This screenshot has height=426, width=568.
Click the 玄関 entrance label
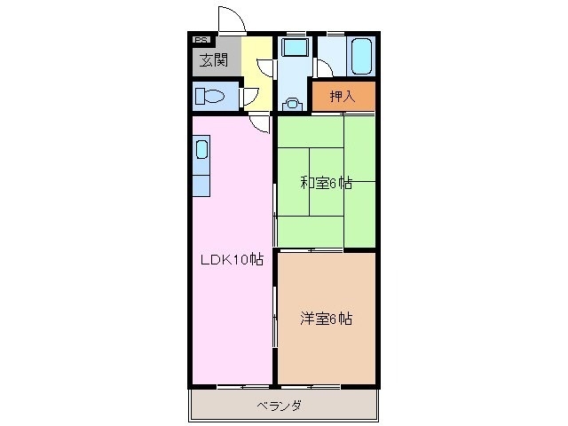click(x=212, y=61)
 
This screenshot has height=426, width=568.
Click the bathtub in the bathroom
click(x=359, y=58)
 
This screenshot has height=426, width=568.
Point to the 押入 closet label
click(x=342, y=97)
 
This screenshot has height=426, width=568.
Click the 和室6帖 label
click(x=326, y=184)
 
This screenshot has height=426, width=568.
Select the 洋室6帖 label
click(x=326, y=318)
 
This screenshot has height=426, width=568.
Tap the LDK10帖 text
click(x=230, y=260)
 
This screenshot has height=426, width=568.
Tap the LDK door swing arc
click(x=259, y=124)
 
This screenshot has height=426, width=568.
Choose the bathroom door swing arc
click(x=324, y=71)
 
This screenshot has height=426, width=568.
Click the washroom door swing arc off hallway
click(x=264, y=66)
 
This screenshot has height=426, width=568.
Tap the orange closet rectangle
click(x=343, y=97)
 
